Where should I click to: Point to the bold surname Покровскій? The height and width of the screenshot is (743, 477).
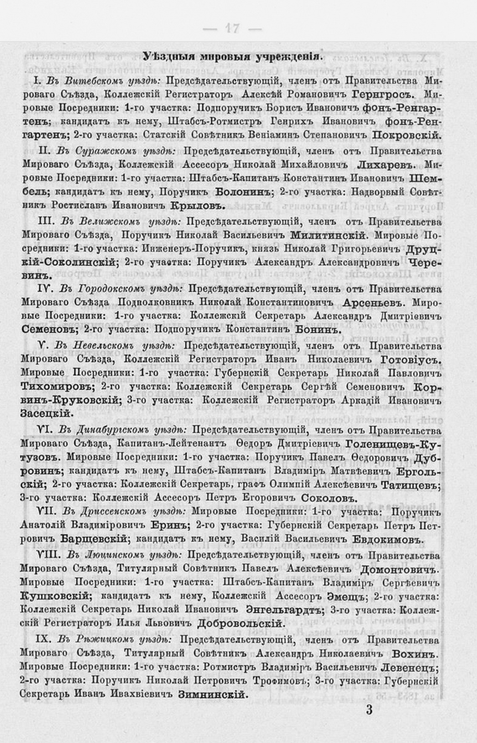pyautogui.click(x=400, y=134)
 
